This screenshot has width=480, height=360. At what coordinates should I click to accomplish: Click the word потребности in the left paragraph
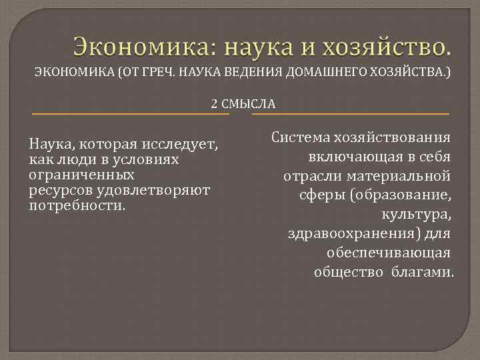(75, 205)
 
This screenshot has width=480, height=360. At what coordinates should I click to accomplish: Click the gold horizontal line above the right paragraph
(351, 114)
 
